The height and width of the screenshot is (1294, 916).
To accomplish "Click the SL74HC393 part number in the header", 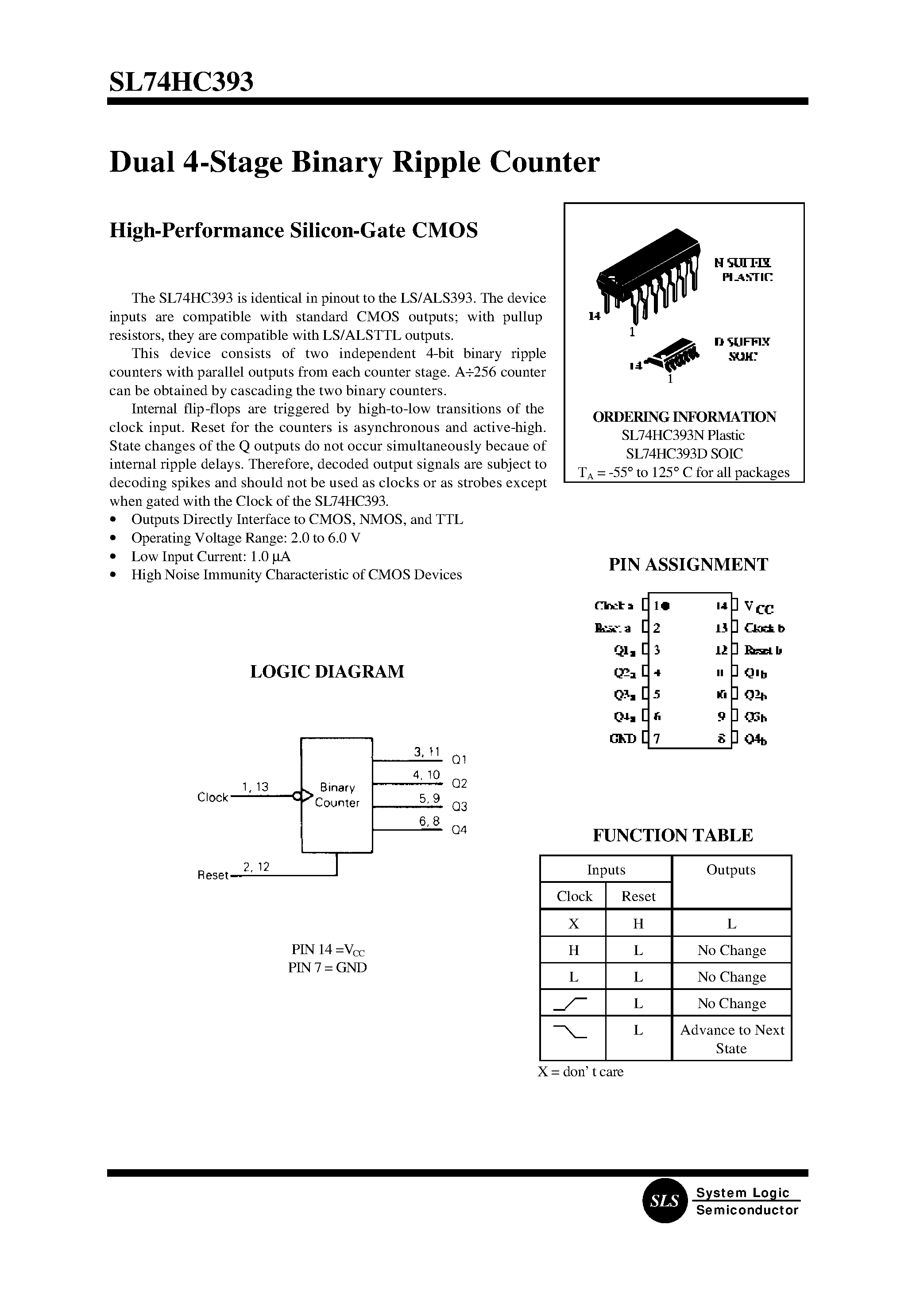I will [x=181, y=82].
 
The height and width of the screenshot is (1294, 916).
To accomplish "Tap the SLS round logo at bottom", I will [x=665, y=1201].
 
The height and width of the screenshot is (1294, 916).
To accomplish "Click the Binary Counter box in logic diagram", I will [x=337, y=795].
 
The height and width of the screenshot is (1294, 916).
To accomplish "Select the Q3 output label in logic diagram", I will [x=460, y=807].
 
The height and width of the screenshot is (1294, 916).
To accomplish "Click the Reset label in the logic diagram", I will [x=213, y=876].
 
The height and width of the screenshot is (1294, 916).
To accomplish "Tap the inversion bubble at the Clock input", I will [x=297, y=796].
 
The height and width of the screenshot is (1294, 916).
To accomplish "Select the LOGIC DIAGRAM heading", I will [x=327, y=671].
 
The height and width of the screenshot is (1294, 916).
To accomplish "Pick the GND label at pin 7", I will [x=623, y=739].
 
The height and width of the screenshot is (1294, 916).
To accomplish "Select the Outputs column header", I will [x=731, y=870].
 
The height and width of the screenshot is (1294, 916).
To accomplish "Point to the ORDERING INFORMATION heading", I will [x=684, y=417].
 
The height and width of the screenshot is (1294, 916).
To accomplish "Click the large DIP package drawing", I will [x=649, y=271].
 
